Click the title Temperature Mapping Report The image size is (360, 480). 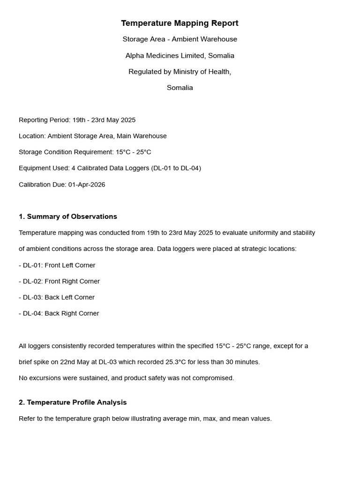click(x=180, y=23)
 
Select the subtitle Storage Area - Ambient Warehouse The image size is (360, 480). click(x=180, y=39)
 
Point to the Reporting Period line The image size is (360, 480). click(x=77, y=120)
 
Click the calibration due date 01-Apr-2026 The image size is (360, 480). click(x=87, y=185)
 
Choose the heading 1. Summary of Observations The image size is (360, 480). click(x=68, y=217)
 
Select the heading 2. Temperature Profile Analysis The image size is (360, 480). click(x=73, y=402)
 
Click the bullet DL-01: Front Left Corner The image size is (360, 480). click(x=57, y=265)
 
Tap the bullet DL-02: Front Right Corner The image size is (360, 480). click(x=60, y=281)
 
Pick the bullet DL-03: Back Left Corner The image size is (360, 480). click(x=57, y=297)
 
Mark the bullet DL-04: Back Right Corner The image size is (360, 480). click(x=59, y=314)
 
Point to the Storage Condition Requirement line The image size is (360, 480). click(x=85, y=152)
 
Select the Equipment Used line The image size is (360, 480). click(x=110, y=168)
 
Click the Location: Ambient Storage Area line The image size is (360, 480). click(x=93, y=136)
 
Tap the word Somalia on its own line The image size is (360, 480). click(x=180, y=88)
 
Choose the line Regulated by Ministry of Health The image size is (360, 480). click(x=180, y=72)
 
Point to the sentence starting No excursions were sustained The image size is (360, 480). click(x=126, y=378)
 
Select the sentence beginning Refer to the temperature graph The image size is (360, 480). click(x=145, y=419)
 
